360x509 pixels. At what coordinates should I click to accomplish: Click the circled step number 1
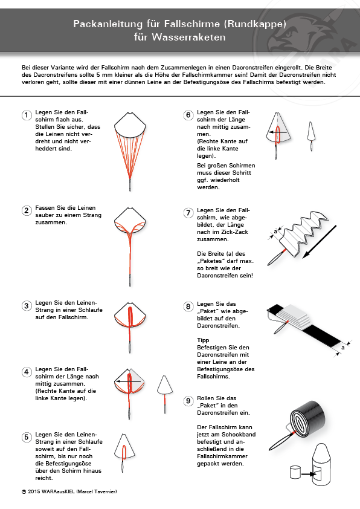[27, 115]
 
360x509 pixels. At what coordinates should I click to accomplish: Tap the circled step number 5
[27, 437]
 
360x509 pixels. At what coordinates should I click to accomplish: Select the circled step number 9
[188, 401]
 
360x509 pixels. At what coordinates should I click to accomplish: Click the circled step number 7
[188, 213]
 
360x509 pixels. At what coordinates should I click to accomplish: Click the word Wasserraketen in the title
[188, 37]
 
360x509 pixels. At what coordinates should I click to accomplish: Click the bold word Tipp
[203, 340]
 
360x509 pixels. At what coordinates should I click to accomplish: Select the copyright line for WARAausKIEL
[69, 491]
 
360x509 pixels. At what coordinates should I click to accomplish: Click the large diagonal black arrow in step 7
[319, 242]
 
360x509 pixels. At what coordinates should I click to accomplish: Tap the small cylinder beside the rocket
[295, 472]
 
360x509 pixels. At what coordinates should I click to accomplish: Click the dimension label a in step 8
[343, 348]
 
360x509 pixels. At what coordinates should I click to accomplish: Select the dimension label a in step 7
[275, 232]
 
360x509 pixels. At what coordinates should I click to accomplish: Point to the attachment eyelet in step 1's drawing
[130, 185]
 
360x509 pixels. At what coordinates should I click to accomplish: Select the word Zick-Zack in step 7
[234, 232]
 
